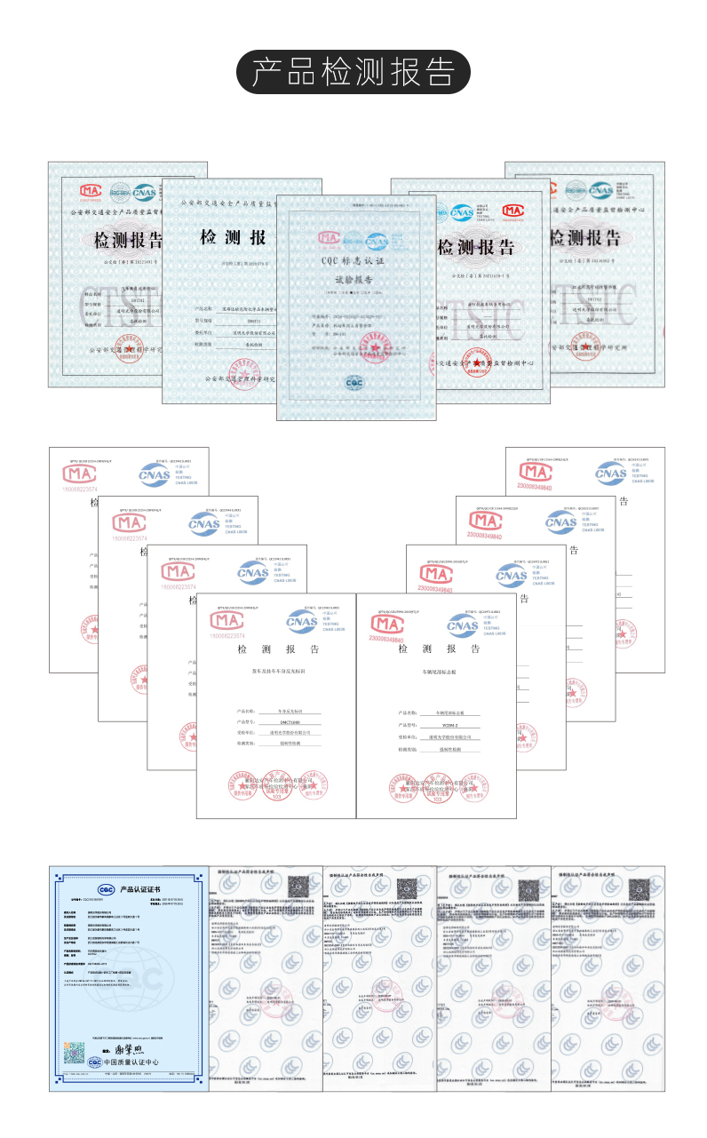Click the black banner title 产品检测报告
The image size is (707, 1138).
tap(353, 72)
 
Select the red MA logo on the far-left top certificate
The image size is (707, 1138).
tap(91, 190)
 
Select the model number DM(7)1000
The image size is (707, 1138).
tap(285, 722)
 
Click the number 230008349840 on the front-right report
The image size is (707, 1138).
tap(384, 639)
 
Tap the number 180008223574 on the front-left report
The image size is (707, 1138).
tap(226, 636)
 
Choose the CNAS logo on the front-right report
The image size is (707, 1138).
tap(462, 625)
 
